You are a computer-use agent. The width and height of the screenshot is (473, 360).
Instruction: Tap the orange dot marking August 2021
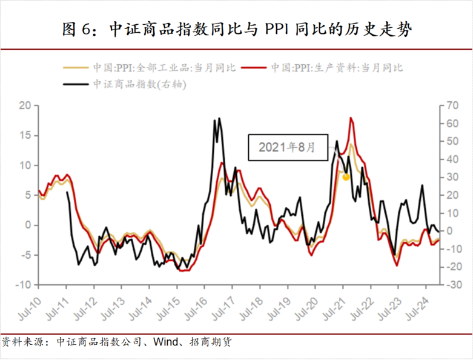346,177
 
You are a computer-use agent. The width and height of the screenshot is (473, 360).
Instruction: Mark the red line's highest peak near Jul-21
351,118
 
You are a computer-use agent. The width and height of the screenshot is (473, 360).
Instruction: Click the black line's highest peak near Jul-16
219,118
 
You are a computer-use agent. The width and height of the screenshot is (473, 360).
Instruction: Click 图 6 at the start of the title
78,28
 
